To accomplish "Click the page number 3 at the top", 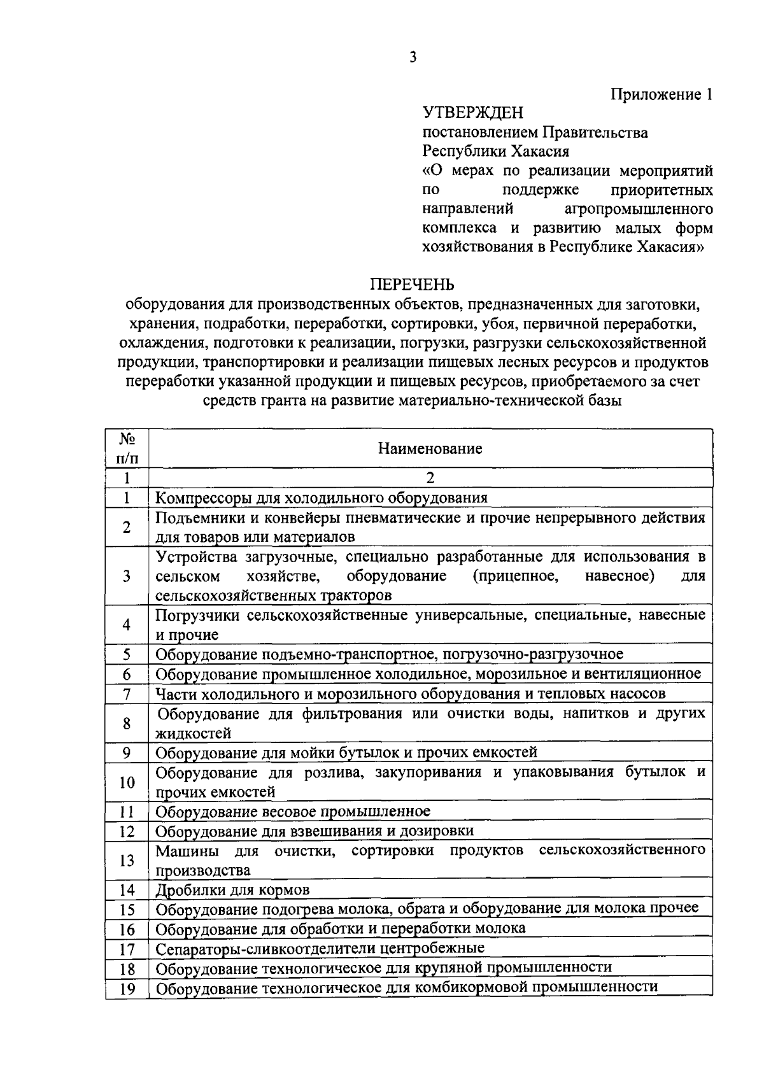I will [x=413, y=57].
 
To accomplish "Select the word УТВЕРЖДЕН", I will [x=472, y=113].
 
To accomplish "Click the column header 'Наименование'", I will [x=430, y=448].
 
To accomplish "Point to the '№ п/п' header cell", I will [x=127, y=448].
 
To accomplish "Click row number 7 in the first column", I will [x=127, y=693].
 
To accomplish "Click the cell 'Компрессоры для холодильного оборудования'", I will [x=322, y=497].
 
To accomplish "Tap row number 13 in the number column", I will [x=127, y=860].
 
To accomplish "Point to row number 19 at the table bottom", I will [x=127, y=989].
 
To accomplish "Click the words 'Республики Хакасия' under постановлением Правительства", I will [x=496, y=152].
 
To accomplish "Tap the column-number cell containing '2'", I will [x=430, y=477].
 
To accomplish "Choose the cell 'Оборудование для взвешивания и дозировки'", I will [x=315, y=831].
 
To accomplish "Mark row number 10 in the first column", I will [x=127, y=782].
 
